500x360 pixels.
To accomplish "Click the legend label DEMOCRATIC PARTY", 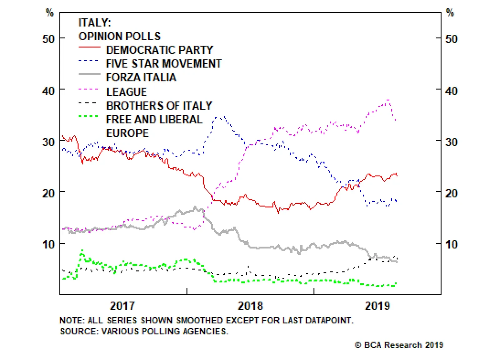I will point(159,50).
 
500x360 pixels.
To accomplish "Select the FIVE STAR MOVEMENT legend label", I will point(164,64).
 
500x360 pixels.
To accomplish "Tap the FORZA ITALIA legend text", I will point(141,77).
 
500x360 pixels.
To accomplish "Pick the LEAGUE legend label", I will point(127,92).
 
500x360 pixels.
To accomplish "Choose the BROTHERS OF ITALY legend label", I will point(159,106).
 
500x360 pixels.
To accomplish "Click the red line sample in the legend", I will point(89,47).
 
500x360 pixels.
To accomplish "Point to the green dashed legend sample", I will point(88,116).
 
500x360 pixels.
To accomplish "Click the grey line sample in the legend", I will point(89,74).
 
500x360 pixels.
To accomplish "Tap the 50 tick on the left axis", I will point(48,39).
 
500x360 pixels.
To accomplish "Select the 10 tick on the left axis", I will point(48,244).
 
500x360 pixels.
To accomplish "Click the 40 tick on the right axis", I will point(451,91).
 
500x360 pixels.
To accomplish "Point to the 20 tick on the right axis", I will point(451,193).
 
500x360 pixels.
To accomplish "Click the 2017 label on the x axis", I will point(122,306).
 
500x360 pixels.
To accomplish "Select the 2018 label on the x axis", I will point(250,306).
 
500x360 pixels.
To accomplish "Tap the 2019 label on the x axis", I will point(377,306).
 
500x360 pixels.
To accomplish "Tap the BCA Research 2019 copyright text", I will point(399,345).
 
